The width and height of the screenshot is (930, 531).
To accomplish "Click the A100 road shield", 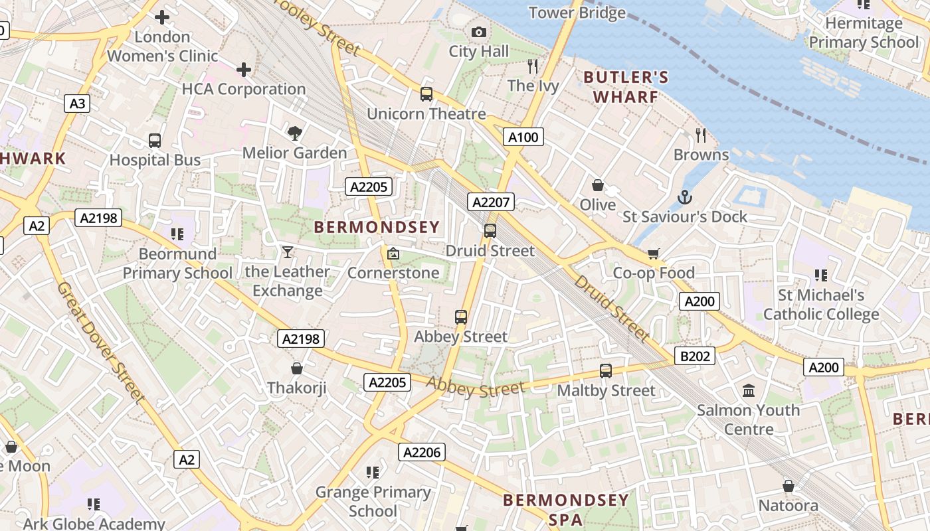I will point(523,137).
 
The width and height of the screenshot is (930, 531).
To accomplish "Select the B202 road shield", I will point(695,356).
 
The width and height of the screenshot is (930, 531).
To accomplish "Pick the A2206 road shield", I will point(422,453).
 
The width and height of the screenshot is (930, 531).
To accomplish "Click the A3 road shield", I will point(78,104).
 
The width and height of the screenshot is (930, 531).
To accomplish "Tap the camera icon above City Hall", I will point(478,32).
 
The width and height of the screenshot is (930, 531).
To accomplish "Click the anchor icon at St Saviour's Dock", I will point(684,197).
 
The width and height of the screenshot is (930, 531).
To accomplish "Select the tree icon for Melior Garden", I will point(294,133).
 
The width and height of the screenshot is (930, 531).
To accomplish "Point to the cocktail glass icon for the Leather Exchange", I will point(287,252).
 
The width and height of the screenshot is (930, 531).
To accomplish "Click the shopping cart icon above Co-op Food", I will point(653,254).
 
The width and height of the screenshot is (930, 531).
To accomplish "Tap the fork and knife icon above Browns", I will point(701,135).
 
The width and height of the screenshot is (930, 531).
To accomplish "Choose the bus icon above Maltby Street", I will point(605,371).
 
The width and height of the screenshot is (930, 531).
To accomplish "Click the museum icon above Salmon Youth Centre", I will point(749,391).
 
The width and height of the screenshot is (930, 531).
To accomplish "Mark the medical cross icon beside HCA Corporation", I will point(244,69).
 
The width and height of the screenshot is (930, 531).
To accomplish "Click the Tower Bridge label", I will point(577,13).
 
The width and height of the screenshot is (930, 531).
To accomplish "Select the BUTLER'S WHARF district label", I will point(626,87).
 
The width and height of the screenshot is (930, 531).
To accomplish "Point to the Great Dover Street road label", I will point(100,342).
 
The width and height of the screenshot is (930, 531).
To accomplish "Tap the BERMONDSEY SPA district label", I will point(566,509).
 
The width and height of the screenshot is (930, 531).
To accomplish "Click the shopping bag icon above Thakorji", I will point(297,368).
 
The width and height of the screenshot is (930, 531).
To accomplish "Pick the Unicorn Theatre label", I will point(426,114).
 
